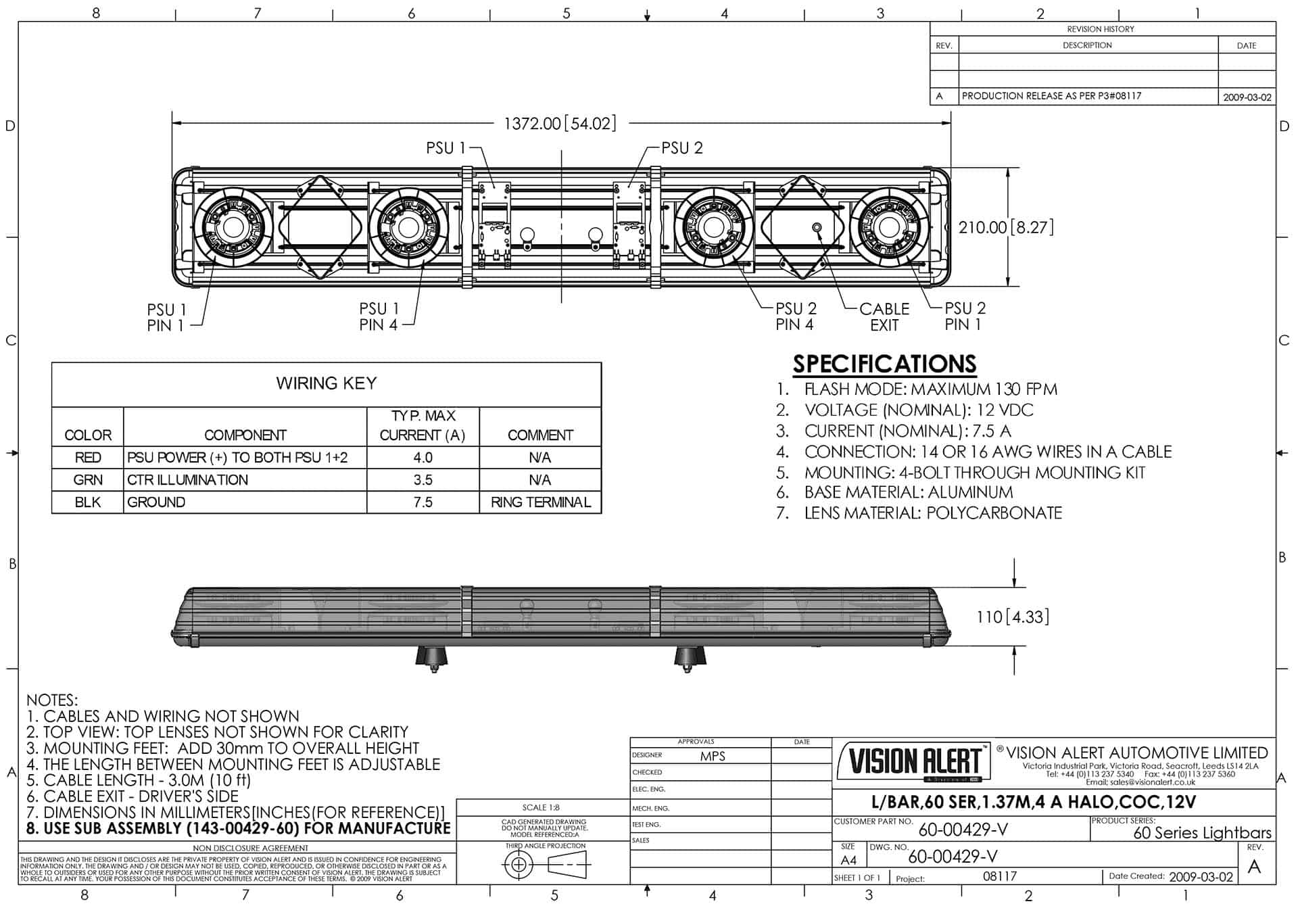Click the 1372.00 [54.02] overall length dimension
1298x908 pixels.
pos(560,124)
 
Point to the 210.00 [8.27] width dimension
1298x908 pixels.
pos(1006,227)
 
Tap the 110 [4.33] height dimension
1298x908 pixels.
pos(1012,617)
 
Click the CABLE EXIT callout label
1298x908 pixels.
pos(884,316)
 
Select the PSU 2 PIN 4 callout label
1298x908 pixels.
pos(796,316)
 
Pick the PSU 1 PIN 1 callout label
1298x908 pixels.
pos(166,317)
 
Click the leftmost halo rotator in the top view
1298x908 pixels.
pos(232,228)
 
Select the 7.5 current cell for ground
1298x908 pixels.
pos(423,502)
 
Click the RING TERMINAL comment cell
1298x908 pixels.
pos(540,502)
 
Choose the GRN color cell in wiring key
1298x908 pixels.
pos(88,480)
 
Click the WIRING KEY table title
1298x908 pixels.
pos(326,383)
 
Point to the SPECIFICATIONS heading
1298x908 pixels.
pos(884,364)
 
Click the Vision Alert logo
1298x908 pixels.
pos(914,762)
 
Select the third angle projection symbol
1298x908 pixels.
pos(546,864)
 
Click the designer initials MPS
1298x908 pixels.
pos(713,757)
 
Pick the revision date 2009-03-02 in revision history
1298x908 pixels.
pos(1247,97)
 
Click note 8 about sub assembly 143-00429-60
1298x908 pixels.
pos(239,828)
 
